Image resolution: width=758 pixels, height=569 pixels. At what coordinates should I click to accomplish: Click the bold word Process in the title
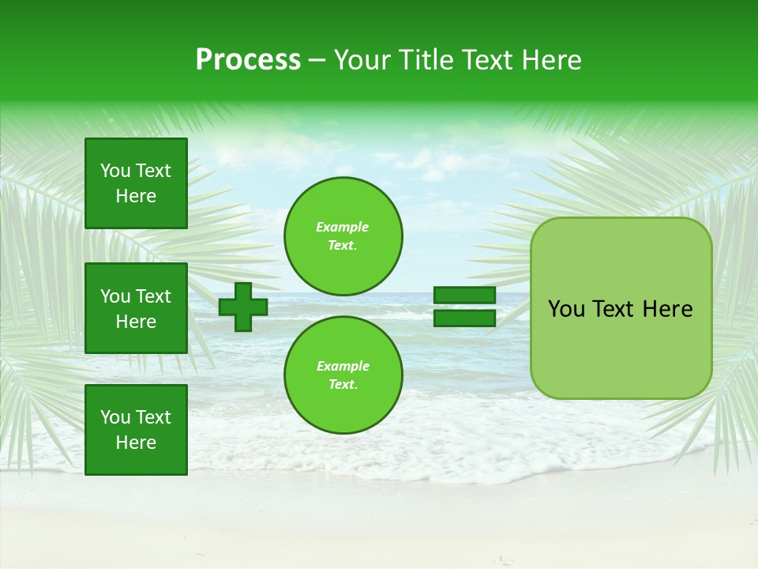tap(248, 60)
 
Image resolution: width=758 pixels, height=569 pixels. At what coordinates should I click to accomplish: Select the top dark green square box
tap(136, 183)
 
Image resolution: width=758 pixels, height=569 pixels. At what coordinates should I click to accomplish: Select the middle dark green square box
tap(136, 308)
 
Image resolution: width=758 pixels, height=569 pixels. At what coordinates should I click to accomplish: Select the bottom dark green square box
tap(136, 430)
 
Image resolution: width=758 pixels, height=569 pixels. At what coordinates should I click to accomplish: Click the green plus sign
tap(243, 307)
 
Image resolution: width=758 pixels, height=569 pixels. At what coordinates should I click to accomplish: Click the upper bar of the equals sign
tap(464, 296)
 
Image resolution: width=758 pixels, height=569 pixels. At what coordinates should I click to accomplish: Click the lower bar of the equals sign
tap(464, 318)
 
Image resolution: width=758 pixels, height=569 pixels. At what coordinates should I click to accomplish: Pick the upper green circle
tap(343, 236)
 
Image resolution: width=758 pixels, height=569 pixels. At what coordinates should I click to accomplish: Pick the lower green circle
tap(343, 375)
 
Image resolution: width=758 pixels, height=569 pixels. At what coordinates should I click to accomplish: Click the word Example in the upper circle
tap(343, 227)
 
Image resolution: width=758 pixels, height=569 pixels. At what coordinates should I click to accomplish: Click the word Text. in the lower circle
tap(343, 385)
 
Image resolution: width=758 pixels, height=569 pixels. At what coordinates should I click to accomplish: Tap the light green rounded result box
tap(621, 348)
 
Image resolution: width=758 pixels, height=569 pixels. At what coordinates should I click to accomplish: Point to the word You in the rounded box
tap(566, 309)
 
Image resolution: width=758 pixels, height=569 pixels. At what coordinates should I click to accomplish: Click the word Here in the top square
tap(136, 196)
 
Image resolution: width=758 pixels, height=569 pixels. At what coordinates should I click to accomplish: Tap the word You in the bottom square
tap(115, 417)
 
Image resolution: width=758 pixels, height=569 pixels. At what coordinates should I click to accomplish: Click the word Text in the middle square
tap(153, 296)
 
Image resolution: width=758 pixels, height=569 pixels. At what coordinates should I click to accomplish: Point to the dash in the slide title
tap(317, 60)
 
